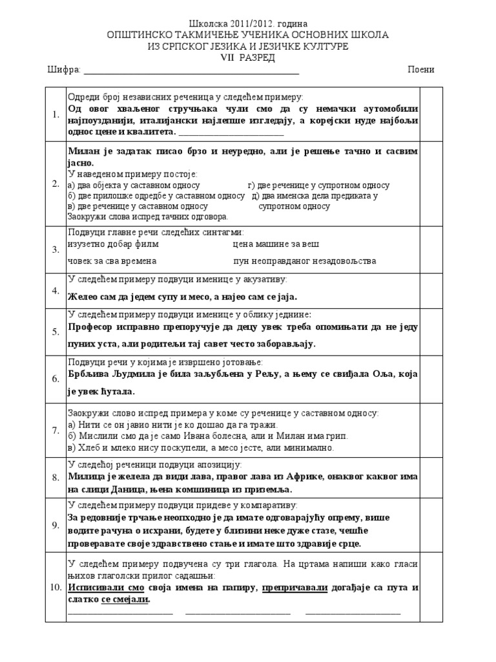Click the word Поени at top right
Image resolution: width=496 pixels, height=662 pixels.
pos(421,70)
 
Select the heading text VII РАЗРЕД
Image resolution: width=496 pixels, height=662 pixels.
pos(248,58)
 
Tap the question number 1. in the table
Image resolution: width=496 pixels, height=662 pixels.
pos(56,114)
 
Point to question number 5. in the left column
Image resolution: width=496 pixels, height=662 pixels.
pos(56,332)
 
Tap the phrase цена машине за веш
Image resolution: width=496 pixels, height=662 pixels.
pos(276,244)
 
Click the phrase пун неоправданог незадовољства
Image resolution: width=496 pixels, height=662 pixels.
pos(304,261)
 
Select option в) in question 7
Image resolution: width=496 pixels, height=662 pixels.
pos(71,447)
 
